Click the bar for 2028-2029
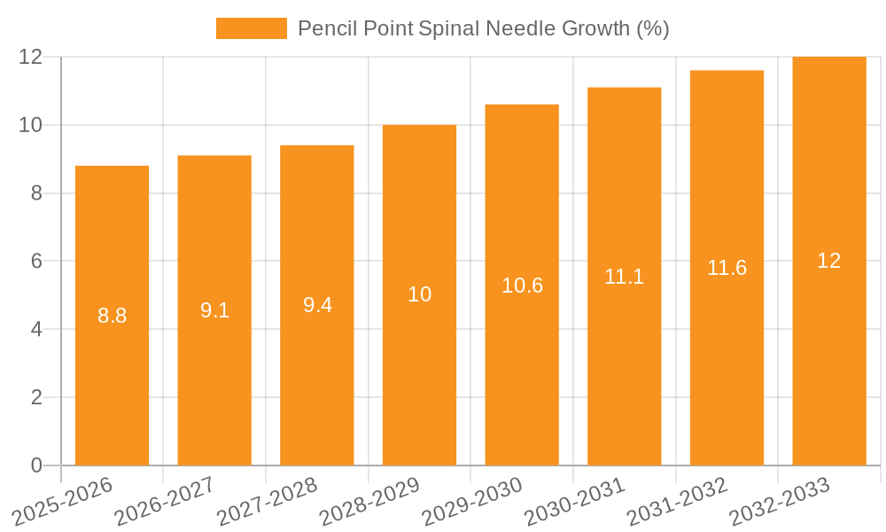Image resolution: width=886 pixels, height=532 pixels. (419, 372)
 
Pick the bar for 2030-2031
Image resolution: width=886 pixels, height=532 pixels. (625, 372)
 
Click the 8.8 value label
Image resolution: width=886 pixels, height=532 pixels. (112, 316)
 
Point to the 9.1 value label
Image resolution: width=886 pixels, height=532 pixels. (214, 310)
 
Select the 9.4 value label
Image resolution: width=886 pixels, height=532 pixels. (317, 305)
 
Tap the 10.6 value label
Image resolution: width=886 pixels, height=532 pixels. (522, 286)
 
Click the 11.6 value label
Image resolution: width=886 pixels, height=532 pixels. (727, 268)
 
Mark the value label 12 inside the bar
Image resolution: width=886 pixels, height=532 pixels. (829, 261)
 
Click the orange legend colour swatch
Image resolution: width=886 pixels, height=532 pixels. (252, 28)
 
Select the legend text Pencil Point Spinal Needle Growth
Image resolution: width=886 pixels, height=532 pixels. (483, 28)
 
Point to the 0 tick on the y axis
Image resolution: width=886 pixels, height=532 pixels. (36, 465)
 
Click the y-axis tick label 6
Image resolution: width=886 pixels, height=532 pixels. (36, 262)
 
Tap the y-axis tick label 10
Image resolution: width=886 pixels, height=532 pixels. (31, 125)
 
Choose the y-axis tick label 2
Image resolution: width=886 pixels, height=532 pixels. (36, 397)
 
